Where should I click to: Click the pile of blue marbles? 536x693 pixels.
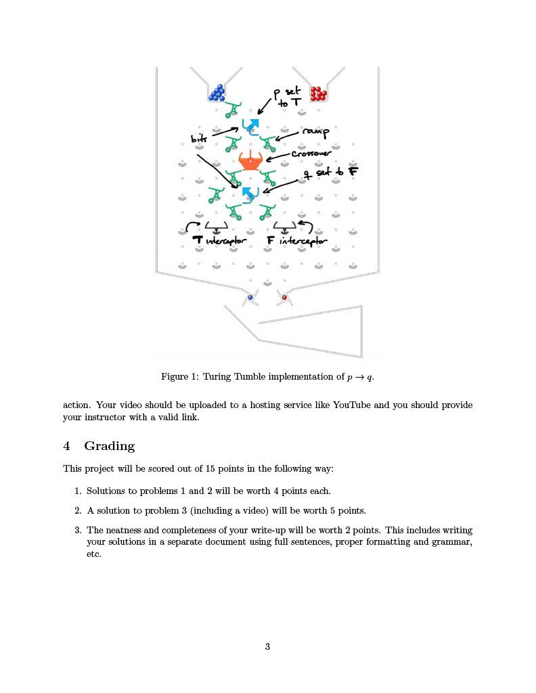point(218,92)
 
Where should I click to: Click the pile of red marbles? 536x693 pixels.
point(318,93)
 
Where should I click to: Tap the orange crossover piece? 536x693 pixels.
point(251,161)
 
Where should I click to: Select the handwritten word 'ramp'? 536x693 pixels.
point(315,132)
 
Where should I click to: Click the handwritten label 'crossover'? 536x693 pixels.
point(311,154)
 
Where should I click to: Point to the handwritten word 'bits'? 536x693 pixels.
point(199,139)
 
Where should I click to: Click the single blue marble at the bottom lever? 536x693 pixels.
point(250,297)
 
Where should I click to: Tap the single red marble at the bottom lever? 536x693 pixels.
point(284,297)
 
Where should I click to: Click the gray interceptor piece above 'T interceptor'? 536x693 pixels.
point(217,227)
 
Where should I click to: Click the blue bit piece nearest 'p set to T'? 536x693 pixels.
point(251,126)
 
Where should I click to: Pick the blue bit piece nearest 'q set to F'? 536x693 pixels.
point(250,195)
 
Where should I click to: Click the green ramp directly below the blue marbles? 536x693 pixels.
point(233,109)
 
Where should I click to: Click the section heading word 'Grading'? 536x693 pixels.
point(110,446)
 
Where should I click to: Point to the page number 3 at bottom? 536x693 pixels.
point(267,646)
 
